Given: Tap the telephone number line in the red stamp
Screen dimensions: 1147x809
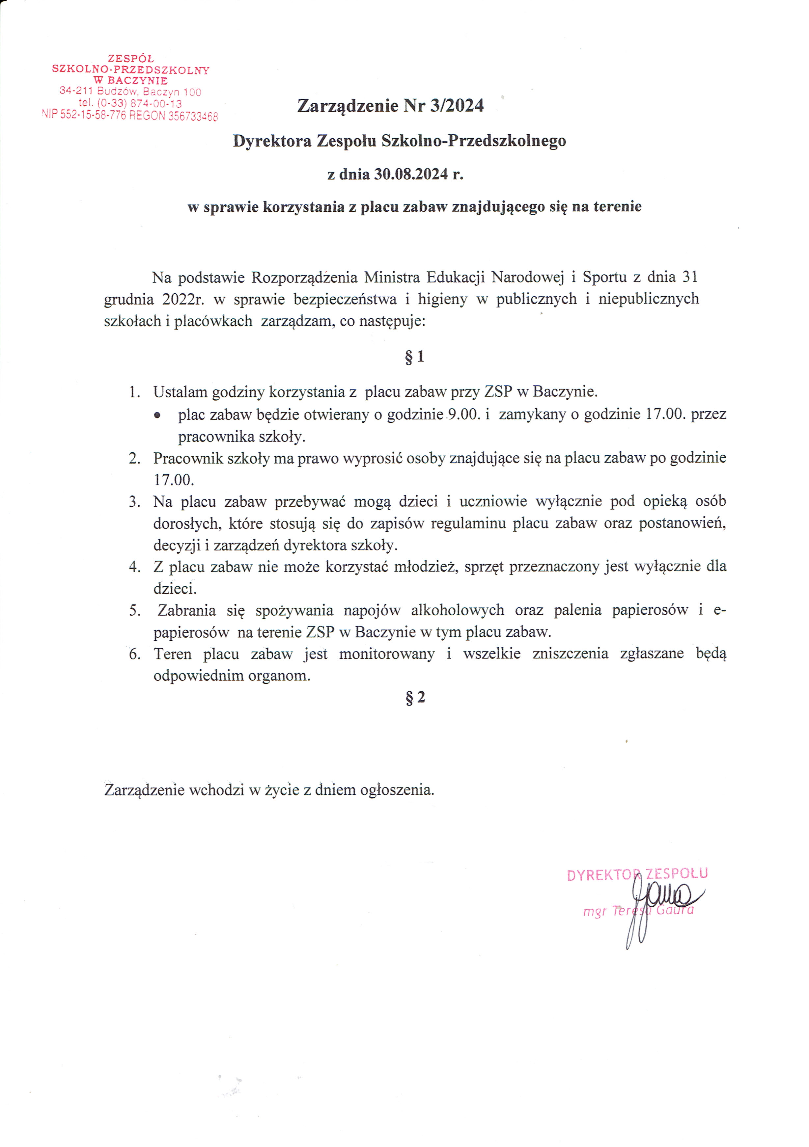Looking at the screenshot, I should (130, 103).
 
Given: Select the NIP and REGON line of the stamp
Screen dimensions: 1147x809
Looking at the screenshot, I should (130, 116).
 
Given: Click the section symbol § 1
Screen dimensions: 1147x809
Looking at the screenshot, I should (414, 357).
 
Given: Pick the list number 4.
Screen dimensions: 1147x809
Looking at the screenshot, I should (134, 567).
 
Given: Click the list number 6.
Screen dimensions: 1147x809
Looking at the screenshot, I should (134, 654).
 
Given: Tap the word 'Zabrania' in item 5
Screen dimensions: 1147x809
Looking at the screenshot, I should (187, 610).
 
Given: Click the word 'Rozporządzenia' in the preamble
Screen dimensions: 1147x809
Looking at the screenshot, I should (304, 277).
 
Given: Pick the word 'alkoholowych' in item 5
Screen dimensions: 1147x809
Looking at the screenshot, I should (457, 610).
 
